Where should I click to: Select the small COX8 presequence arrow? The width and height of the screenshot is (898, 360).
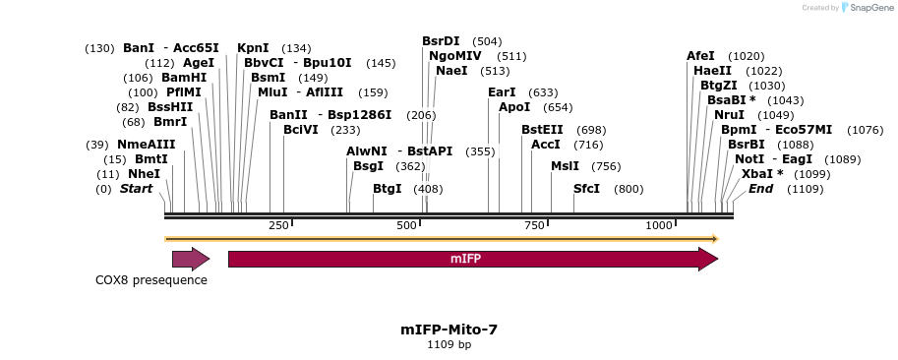(x=191, y=259)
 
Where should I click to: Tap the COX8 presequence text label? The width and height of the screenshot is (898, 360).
(x=151, y=280)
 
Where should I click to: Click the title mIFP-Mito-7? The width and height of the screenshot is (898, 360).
(x=449, y=330)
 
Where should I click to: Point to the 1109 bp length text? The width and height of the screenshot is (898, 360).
(x=449, y=345)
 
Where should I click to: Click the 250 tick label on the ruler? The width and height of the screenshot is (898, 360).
(x=278, y=225)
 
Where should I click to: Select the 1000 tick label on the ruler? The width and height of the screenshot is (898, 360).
(x=659, y=225)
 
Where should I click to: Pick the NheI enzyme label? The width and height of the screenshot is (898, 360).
(x=144, y=174)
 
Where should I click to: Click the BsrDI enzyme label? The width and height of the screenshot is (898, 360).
(x=441, y=41)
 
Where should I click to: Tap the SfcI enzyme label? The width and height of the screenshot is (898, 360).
(x=586, y=189)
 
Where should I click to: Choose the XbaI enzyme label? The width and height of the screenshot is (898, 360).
(x=762, y=174)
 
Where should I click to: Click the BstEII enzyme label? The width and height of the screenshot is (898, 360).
(x=542, y=130)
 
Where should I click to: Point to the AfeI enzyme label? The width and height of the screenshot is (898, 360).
(x=700, y=56)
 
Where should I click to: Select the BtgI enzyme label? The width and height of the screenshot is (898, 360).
(x=387, y=189)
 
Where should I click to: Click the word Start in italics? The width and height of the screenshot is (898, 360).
(x=136, y=189)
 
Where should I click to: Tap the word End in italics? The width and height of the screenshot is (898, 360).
(x=760, y=189)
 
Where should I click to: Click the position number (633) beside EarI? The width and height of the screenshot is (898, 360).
(x=543, y=92)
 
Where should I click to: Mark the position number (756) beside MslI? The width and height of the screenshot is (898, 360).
(x=606, y=166)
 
